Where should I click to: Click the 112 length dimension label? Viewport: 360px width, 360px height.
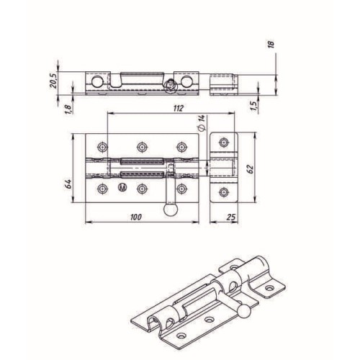pyautogui.click(x=178, y=108)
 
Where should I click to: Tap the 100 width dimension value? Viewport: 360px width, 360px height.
pyautogui.click(x=136, y=217)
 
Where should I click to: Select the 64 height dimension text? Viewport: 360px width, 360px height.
pyautogui.click(x=68, y=184)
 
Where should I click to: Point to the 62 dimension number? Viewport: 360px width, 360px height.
pyautogui.click(x=251, y=169)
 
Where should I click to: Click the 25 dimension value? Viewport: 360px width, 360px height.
pyautogui.click(x=231, y=217)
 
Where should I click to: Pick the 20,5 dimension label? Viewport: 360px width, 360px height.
pyautogui.click(x=53, y=81)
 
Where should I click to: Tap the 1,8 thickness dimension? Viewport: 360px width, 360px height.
pyautogui.click(x=68, y=109)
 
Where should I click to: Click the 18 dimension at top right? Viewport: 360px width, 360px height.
pyautogui.click(x=271, y=45)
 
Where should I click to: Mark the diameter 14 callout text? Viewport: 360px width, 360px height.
pyautogui.click(x=202, y=122)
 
